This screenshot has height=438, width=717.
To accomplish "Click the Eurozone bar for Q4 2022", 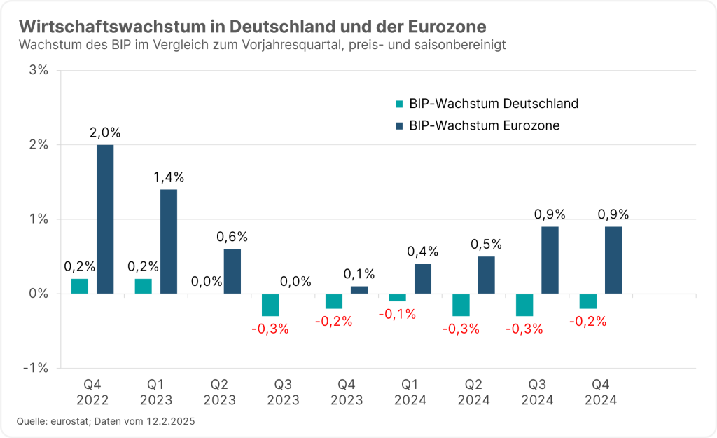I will [105, 219].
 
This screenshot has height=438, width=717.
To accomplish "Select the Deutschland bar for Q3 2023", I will [270, 305].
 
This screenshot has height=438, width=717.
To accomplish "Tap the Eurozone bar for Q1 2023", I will [169, 241].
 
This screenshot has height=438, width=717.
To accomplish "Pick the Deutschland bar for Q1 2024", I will [398, 297].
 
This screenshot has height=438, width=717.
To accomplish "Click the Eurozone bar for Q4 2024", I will [613, 260].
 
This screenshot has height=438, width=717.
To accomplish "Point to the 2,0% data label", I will [105, 132].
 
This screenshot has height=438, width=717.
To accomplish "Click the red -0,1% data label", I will [397, 314].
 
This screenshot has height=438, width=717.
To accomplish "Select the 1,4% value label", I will [169, 177].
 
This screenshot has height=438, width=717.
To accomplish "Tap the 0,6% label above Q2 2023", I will [232, 237].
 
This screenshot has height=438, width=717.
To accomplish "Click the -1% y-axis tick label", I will [36, 368].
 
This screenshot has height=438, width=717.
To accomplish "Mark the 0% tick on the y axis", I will [39, 294].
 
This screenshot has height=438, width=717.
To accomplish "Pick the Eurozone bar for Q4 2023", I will [359, 289].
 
